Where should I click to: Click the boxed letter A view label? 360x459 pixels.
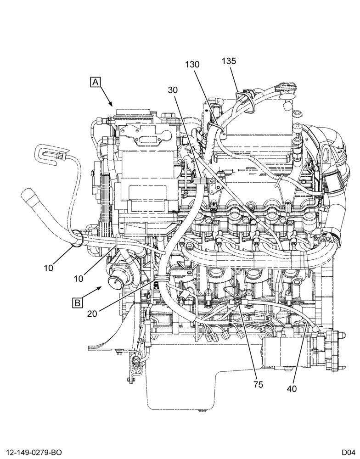click(96, 82)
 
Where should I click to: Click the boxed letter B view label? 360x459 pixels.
click(77, 302)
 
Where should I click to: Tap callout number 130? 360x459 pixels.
click(192, 64)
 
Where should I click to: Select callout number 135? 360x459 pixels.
click(229, 61)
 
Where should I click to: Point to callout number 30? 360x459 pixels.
click(173, 90)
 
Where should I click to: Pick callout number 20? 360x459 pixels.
click(92, 313)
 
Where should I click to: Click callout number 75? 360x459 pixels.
click(258, 384)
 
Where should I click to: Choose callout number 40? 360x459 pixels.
click(292, 389)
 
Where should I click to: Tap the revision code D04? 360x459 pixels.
click(347, 453)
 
